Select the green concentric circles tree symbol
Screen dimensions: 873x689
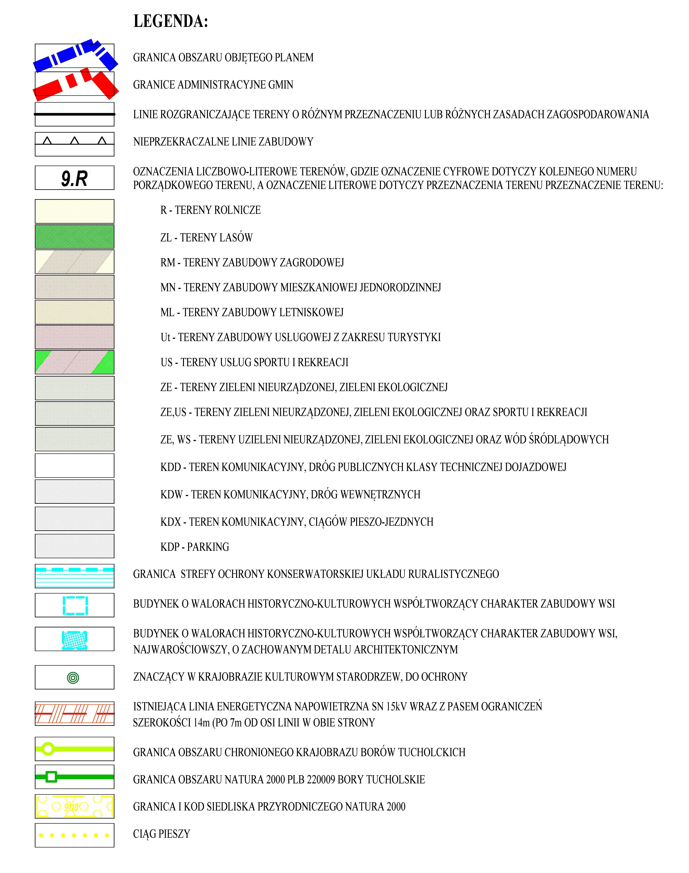pyautogui.click(x=73, y=678)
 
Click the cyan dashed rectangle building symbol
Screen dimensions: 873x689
pyautogui.click(x=75, y=606)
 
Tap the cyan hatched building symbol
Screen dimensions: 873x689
pyautogui.click(x=75, y=640)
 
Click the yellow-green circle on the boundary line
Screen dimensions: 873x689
pyautogui.click(x=48, y=749)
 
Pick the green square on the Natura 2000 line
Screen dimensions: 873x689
pyautogui.click(x=51, y=777)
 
